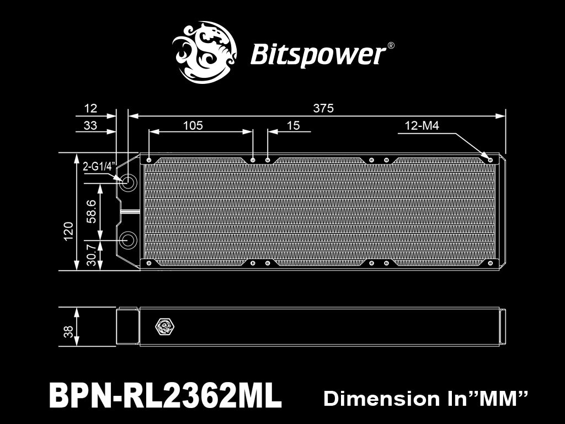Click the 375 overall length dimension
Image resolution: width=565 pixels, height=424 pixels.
pos(323,108)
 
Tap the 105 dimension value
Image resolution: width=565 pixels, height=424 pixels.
pos(193,125)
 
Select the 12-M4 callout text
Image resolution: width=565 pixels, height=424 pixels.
pos(422,125)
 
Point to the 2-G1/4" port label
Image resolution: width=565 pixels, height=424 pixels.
pos(99,166)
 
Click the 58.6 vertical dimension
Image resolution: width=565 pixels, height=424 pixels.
pos(92,211)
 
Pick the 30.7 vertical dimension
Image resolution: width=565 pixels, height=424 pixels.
pos(92,255)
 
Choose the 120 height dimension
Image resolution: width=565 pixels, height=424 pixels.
pos(68,231)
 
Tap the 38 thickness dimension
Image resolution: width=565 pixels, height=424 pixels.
pos(68,331)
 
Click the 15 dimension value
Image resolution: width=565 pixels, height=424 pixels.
pos(294,125)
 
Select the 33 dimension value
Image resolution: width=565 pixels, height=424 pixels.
pos(90,125)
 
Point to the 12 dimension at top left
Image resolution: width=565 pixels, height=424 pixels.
pos(90,108)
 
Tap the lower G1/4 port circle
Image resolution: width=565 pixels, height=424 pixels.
pos(127,239)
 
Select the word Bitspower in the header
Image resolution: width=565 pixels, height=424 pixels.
pos(318,55)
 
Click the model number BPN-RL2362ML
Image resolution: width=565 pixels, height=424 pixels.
pos(165,395)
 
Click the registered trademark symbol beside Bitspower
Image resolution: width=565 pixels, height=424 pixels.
pos(391,46)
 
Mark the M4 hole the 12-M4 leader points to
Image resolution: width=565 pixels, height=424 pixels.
pos(490,160)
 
